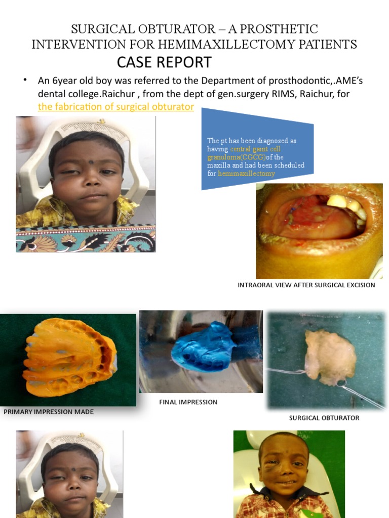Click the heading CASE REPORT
point(164,63)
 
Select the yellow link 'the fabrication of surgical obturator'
point(116,107)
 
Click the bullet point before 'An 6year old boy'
point(24,80)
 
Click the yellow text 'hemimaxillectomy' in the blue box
point(246,174)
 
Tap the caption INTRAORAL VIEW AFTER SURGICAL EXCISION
point(306,285)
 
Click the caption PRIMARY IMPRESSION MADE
point(49,412)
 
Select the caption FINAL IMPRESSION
point(188,402)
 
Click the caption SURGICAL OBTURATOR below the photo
point(324,418)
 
